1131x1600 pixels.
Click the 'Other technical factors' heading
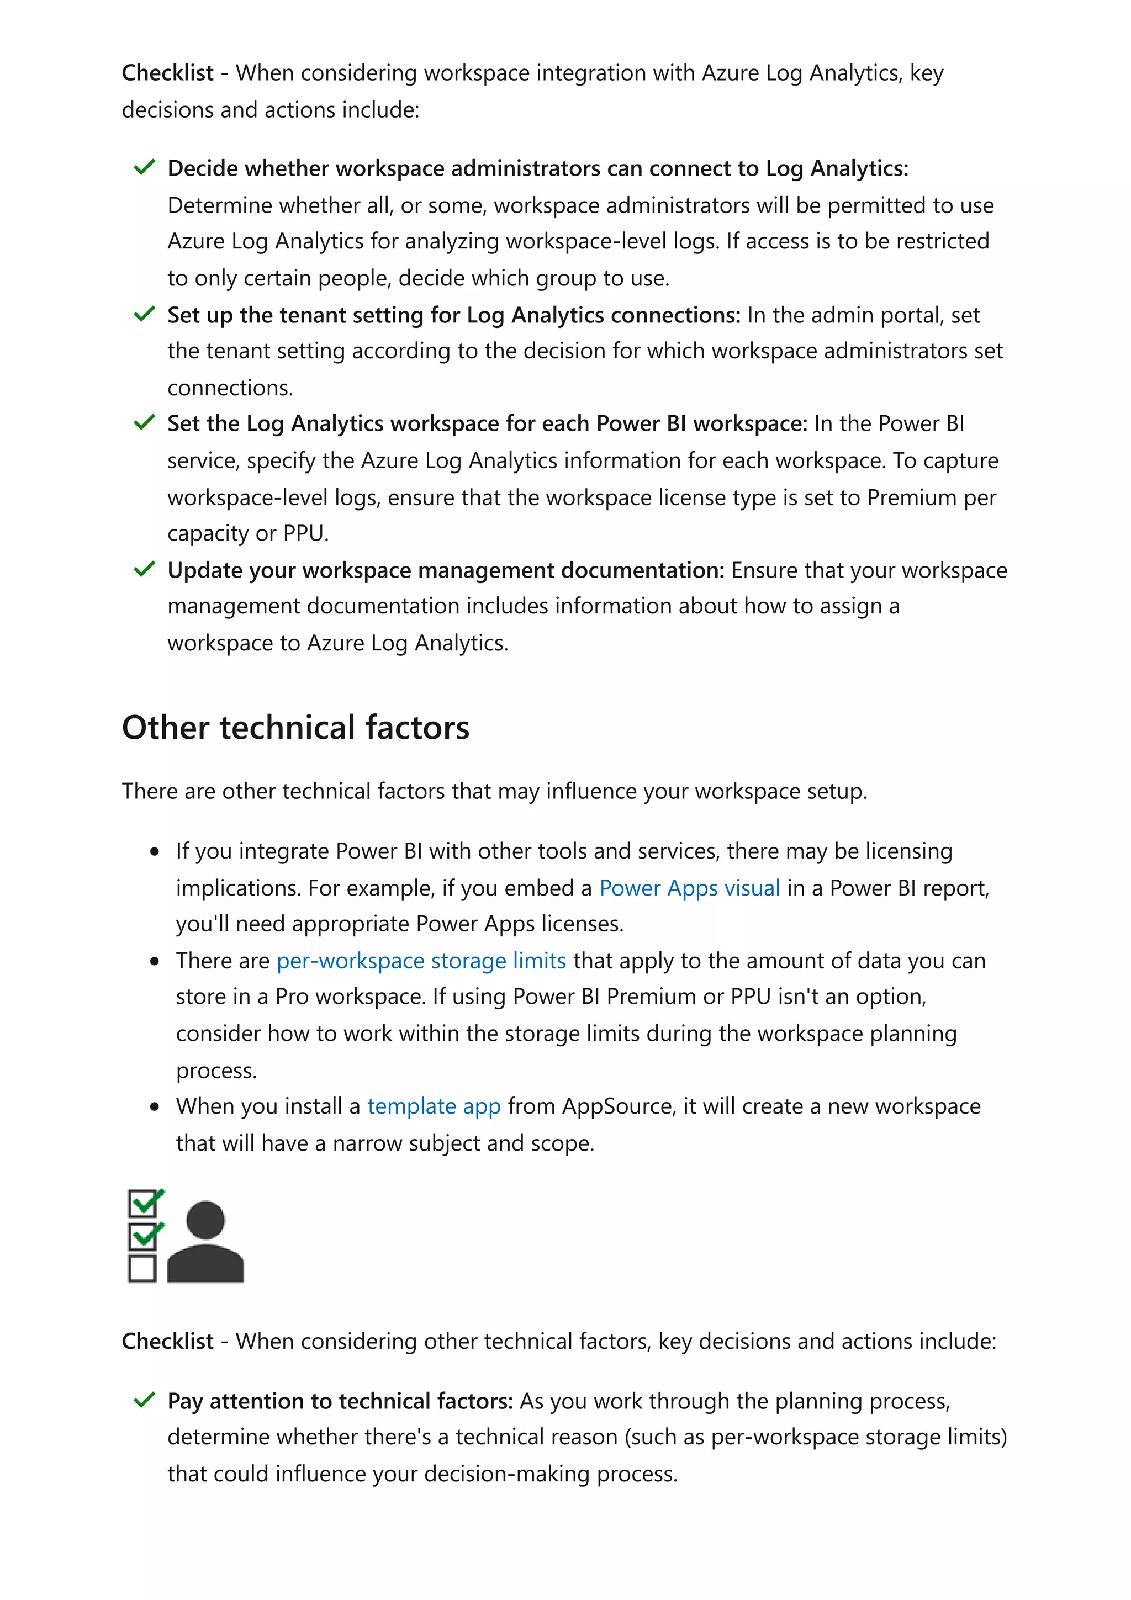coord(295,728)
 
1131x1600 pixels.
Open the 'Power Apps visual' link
coord(689,888)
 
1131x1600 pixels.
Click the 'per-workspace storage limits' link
coord(421,961)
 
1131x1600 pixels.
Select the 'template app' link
coord(434,1106)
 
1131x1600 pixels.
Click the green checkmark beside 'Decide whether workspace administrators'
coord(144,167)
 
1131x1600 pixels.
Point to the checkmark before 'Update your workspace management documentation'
coord(144,569)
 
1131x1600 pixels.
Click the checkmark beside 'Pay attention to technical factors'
coord(144,1400)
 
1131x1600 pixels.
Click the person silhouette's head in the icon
coord(205,1220)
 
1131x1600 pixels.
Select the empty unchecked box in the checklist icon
coord(142,1268)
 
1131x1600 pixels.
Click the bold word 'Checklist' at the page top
coord(167,72)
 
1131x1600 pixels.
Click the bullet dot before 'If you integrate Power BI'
coord(155,851)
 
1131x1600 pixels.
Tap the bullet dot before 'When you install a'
coord(155,1106)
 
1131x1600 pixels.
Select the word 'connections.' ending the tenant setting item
coord(230,388)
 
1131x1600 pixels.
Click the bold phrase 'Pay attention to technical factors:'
coord(340,1401)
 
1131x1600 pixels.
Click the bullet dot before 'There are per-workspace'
coord(155,962)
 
